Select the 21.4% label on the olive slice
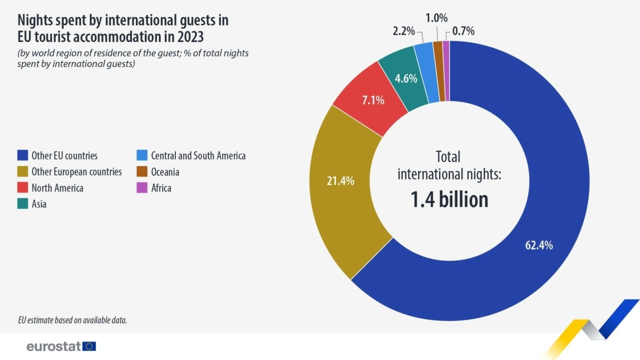(340, 181)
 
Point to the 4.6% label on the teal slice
(405, 78)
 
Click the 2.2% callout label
(403, 31)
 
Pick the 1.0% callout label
(436, 18)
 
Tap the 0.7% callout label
(463, 31)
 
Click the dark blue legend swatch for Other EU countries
(21, 155)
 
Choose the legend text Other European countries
(76, 172)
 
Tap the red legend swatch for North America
(21, 188)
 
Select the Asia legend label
(39, 204)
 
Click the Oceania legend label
(165, 172)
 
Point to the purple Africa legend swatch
(141, 188)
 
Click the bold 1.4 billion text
(449, 199)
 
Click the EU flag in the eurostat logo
(89, 346)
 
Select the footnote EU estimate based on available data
(72, 320)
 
